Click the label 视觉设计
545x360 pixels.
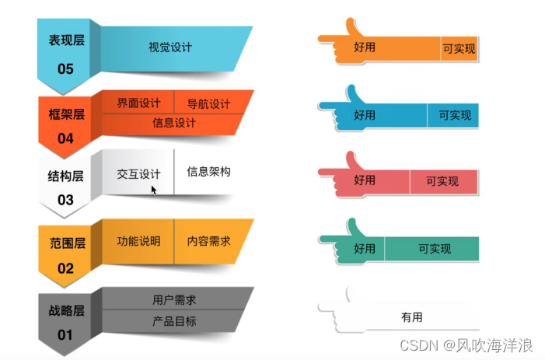pyautogui.click(x=170, y=47)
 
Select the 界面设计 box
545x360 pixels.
pyautogui.click(x=138, y=104)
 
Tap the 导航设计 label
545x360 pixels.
pyautogui.click(x=208, y=104)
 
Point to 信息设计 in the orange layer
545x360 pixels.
pyautogui.click(x=174, y=123)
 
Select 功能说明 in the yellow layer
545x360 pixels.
pyautogui.click(x=138, y=241)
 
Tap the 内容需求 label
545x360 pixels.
pyautogui.click(x=208, y=241)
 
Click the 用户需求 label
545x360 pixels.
pyautogui.click(x=174, y=300)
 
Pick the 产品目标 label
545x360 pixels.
pyautogui.click(x=174, y=320)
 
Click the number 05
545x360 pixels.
pyautogui.click(x=65, y=69)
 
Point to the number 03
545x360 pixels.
pyautogui.click(x=65, y=200)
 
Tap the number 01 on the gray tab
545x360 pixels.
pyautogui.click(x=65, y=335)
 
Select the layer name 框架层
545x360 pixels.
pyautogui.click(x=66, y=114)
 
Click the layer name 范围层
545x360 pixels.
pyautogui.click(x=66, y=243)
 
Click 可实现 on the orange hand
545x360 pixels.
pyautogui.click(x=459, y=48)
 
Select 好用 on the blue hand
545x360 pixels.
pyautogui.click(x=365, y=115)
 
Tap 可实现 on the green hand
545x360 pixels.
pyautogui.click(x=435, y=249)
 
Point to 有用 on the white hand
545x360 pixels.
pyautogui.click(x=411, y=317)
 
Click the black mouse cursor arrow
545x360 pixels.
pyautogui.click(x=154, y=189)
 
